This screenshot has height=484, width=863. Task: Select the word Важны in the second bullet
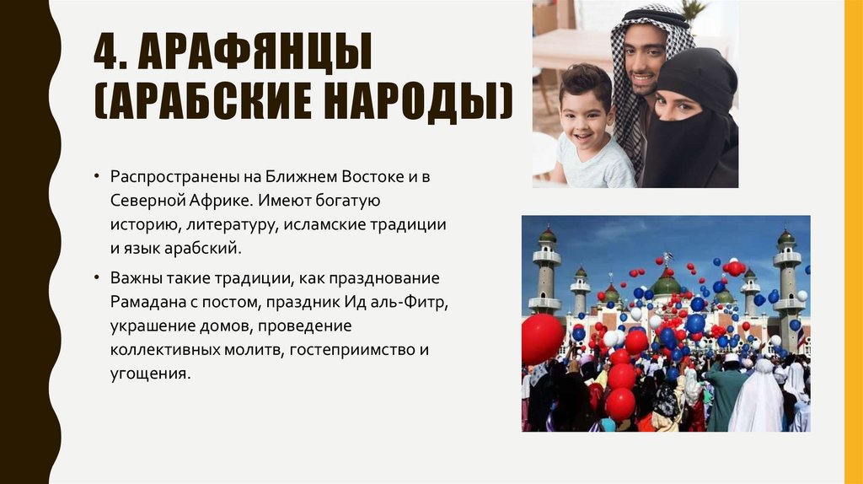132,277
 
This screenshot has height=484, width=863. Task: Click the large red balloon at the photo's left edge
542,337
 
